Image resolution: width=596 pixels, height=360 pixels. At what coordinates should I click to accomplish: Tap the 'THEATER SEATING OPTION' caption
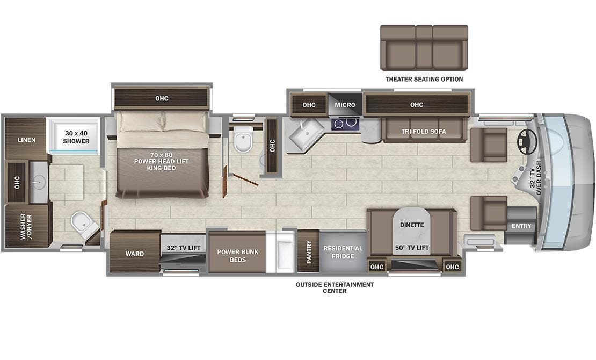tap(424, 79)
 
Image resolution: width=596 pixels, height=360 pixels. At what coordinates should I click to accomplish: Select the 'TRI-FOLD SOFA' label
tap(424, 132)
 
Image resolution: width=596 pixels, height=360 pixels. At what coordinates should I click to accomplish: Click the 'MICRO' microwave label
tap(345, 105)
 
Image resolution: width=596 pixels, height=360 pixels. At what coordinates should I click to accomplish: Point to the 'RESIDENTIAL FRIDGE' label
tap(343, 252)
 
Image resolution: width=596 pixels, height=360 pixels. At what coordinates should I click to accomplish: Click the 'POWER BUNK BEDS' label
tap(237, 255)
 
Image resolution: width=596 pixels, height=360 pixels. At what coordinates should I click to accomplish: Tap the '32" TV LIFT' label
tap(183, 248)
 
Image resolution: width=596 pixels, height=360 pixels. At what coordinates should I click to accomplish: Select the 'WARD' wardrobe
tap(134, 254)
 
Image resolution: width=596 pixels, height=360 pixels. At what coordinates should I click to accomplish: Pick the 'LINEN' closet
tap(26, 140)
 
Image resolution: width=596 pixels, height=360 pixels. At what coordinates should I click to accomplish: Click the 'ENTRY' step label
tap(521, 226)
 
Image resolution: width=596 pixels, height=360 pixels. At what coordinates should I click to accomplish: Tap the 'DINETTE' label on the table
tap(412, 225)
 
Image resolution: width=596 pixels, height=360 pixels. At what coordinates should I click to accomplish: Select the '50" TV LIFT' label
tap(412, 247)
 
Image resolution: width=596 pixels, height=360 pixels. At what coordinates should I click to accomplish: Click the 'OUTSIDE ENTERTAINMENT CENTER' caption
tap(335, 287)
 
